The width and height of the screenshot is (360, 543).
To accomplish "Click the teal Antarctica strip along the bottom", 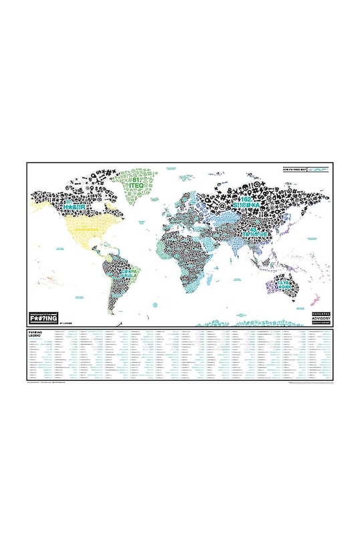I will point(227,323).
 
